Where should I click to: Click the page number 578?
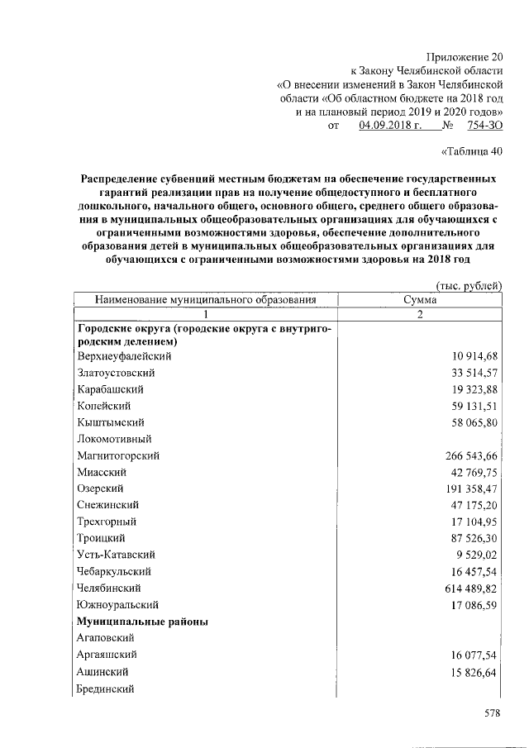coord(493,715)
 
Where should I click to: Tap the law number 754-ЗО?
coord(484,126)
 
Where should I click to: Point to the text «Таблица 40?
coord(471,150)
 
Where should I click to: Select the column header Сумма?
coord(420,301)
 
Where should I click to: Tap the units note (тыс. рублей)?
coord(469,285)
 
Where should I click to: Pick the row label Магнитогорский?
coord(117,455)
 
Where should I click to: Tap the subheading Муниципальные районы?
coord(141,621)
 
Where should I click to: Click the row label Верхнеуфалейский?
coord(123,356)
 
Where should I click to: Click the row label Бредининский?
coord(105,688)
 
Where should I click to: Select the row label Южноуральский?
coord(116,604)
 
